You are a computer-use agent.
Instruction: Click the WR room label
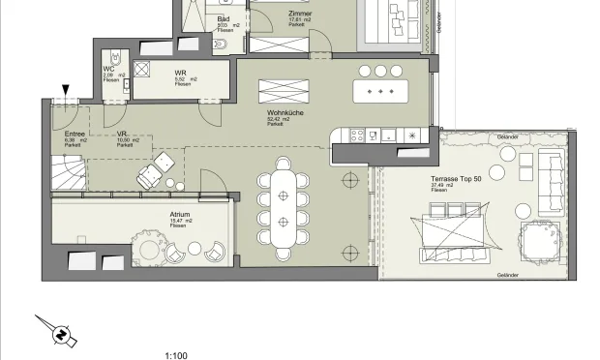[181, 74]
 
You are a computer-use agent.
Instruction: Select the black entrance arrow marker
[65, 91]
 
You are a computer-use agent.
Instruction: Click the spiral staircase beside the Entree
[70, 173]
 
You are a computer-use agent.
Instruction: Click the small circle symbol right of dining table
[348, 178]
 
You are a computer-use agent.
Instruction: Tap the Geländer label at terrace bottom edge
[509, 276]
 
